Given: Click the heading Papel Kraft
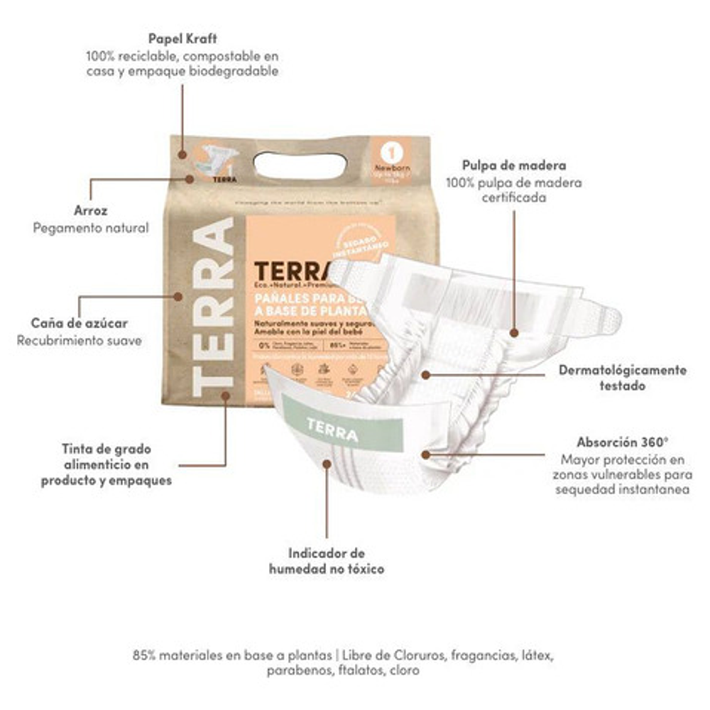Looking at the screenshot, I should pyautogui.click(x=182, y=38).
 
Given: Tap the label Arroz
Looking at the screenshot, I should pyautogui.click(x=91, y=210).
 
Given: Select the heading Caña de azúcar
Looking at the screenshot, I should pyautogui.click(x=80, y=323).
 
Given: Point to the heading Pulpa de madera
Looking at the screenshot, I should pyautogui.click(x=514, y=166).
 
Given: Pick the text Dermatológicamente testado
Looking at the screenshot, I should pyautogui.click(x=622, y=378).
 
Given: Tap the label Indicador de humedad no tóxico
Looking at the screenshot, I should pyautogui.click(x=327, y=560).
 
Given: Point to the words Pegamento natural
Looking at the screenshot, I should pyautogui.click(x=91, y=228).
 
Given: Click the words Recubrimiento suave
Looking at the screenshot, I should pyautogui.click(x=80, y=341).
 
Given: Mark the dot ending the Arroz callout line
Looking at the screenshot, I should pyautogui.click(x=190, y=179).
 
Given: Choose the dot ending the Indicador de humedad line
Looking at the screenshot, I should pyautogui.click(x=327, y=464).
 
